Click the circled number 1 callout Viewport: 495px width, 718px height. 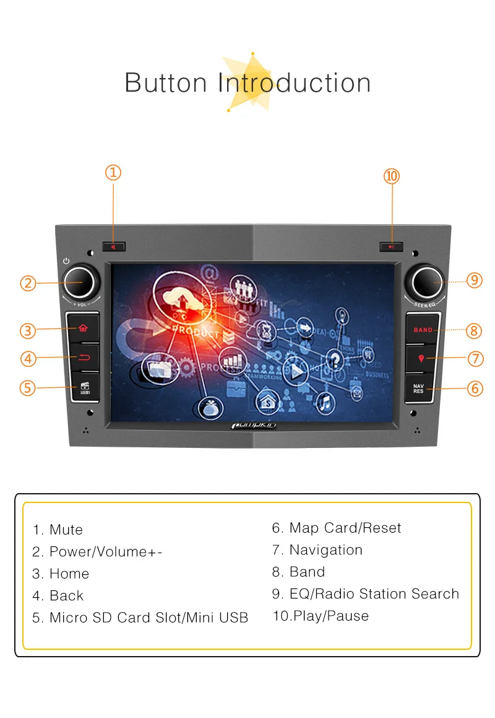coord(113,172)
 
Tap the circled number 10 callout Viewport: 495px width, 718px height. coord(392,176)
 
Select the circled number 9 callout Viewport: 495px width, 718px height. coord(475,280)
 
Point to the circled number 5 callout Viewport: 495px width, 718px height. coord(27,388)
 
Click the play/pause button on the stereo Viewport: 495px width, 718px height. coord(391,247)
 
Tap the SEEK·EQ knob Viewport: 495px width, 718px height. coord(425,281)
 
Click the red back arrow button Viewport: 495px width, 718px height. coord(85,357)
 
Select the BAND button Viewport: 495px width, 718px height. coord(423,330)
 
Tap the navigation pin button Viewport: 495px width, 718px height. coord(421,358)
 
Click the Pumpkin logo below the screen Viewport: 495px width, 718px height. coord(254,425)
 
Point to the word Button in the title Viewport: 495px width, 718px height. coord(166,83)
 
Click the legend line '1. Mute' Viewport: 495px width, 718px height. coord(58,530)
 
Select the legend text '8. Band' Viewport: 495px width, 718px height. coord(298,572)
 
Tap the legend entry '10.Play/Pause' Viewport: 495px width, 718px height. coord(321,616)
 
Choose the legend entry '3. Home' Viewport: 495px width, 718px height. coord(61,574)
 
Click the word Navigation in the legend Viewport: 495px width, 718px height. coord(325,550)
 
